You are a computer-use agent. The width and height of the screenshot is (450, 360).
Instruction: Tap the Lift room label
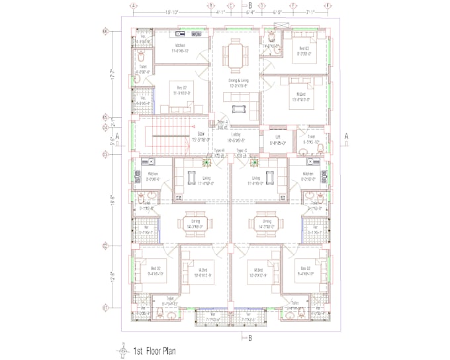278,137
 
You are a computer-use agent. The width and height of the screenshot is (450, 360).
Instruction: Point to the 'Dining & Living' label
236,80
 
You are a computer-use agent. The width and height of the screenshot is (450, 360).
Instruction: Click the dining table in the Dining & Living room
236,51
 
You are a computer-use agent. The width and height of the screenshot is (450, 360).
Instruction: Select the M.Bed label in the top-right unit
301,95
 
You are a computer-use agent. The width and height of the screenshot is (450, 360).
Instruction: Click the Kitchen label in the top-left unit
181,46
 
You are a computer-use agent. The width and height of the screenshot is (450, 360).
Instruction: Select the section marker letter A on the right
346,136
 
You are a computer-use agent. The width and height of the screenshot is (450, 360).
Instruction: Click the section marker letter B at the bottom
249,338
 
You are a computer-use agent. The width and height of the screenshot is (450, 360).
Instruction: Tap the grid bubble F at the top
329,5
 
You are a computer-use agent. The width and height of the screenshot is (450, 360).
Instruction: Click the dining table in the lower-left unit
196,220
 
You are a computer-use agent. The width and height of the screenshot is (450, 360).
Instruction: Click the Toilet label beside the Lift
310,137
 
